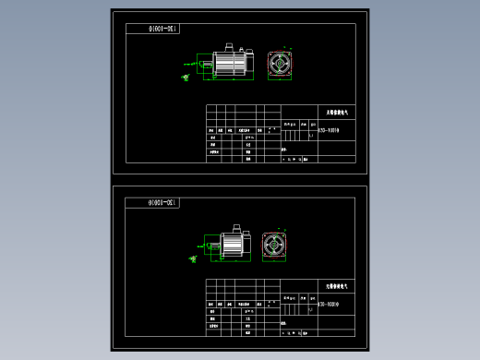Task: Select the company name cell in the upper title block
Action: click(x=336, y=111)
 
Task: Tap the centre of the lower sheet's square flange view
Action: click(x=273, y=243)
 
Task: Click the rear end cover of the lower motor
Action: click(x=248, y=243)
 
